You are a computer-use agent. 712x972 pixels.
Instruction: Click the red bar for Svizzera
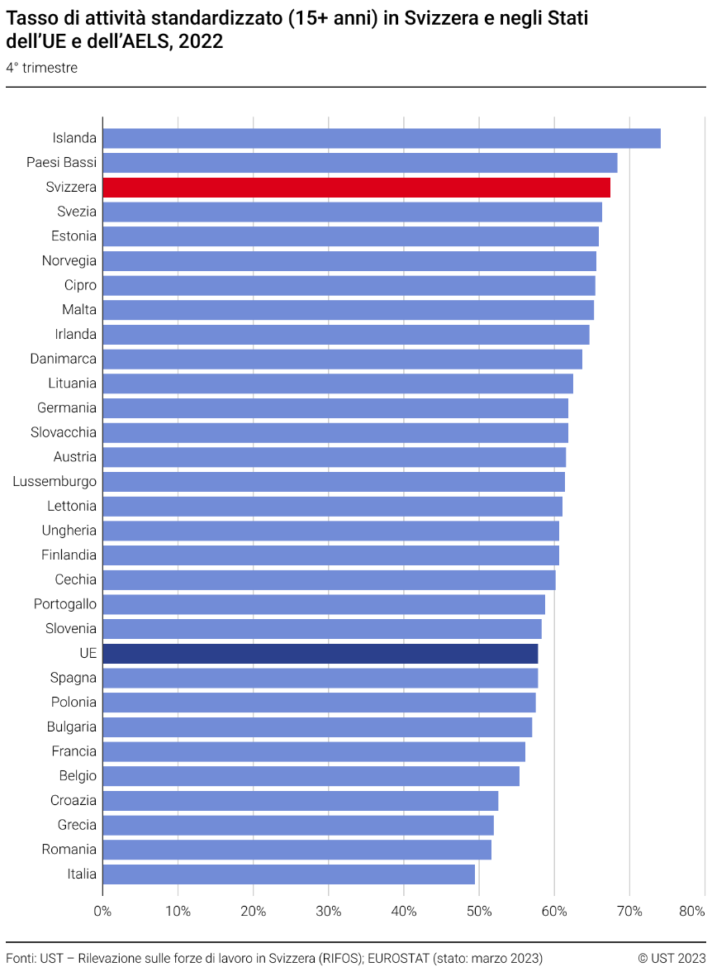point(356,188)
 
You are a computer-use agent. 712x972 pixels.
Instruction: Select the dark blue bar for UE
point(320,654)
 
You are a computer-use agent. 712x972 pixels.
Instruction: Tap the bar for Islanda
point(381,138)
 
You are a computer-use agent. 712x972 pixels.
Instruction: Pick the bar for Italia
point(288,874)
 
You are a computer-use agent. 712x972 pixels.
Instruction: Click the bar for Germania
point(335,408)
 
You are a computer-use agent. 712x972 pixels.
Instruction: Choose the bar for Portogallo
point(324,604)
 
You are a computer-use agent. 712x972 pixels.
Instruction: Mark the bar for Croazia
point(301,801)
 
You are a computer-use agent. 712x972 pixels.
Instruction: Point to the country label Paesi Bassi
point(61,163)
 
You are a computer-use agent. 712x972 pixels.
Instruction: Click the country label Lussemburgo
point(55,482)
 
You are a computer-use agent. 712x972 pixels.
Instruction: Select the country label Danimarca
point(64,359)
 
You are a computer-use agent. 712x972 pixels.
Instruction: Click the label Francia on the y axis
point(74,751)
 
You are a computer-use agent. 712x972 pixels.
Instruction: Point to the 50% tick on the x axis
point(479,912)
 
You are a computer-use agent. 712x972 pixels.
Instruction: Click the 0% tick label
point(102,912)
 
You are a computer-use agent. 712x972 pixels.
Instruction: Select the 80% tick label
point(691,912)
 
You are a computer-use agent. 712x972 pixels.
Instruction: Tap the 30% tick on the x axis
point(329,912)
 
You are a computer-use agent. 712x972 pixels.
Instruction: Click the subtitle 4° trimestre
point(42,68)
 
